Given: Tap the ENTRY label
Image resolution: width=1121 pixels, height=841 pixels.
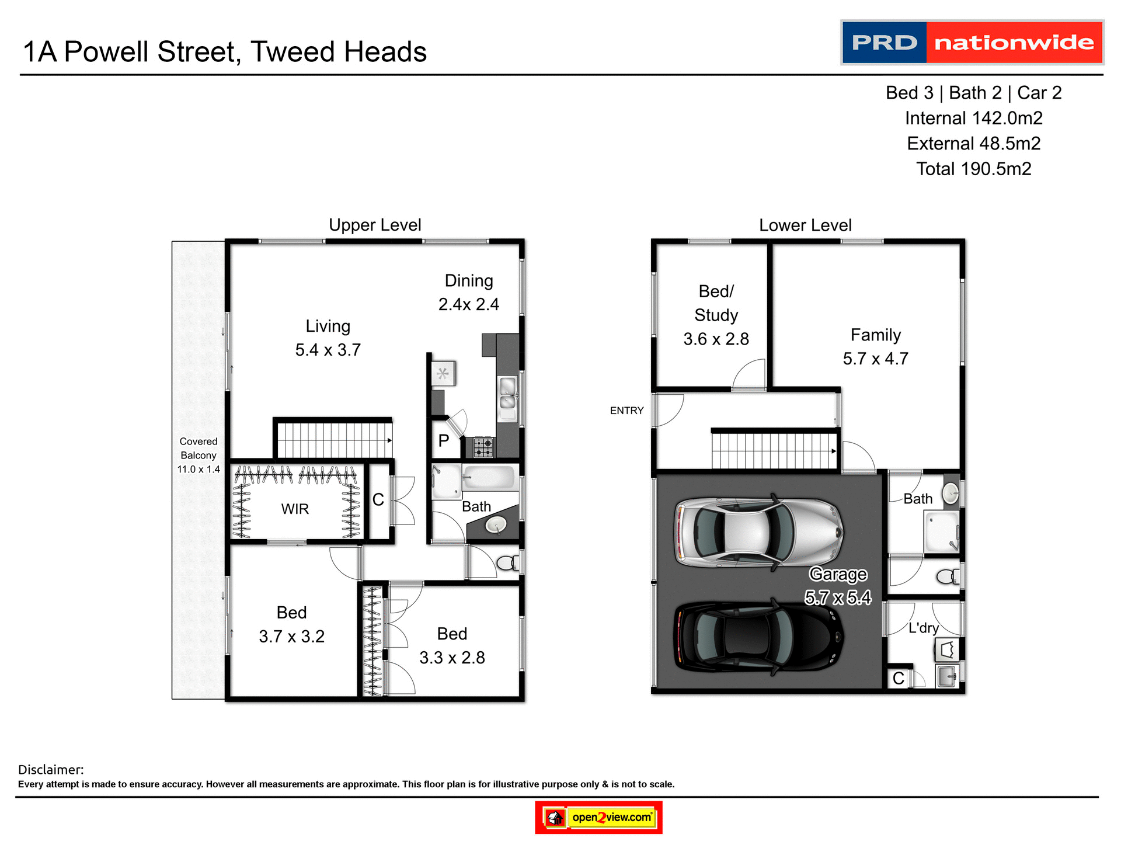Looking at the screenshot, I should coord(626,411).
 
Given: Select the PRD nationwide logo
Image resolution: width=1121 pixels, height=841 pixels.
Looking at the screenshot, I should coord(972,43).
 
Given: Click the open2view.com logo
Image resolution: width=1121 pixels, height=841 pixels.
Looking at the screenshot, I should coord(598,817).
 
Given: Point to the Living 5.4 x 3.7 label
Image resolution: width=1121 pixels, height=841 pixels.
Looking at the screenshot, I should coord(328,338).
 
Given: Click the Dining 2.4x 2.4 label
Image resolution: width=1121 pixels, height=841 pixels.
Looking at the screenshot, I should coord(469,293).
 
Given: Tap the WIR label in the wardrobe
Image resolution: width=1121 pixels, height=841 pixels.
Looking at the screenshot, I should coord(295,509).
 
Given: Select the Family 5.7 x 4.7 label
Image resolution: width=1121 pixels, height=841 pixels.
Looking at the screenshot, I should coord(875,346).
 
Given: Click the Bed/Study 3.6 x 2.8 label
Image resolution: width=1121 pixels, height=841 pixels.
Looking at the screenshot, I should coord(716,315).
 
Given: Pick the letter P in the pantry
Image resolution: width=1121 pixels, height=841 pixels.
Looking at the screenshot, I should coord(444,441).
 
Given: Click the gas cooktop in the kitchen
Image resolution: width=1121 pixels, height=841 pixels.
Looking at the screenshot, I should coord(483,447).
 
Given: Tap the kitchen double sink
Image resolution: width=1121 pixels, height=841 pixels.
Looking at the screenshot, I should coord(507,393).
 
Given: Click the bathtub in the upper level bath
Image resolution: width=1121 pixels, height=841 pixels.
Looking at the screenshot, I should coord(489,478).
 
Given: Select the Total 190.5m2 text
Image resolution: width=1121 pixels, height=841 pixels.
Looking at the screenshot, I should coord(973,169).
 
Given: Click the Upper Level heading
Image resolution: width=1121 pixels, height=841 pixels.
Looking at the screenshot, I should coord(375,225).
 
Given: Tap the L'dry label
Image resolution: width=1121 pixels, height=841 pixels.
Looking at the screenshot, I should coord(924,628).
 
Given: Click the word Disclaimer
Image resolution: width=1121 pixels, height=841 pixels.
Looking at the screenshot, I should coord(51,770).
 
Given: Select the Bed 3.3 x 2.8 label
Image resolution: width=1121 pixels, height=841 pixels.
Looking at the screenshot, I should coord(452,646).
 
